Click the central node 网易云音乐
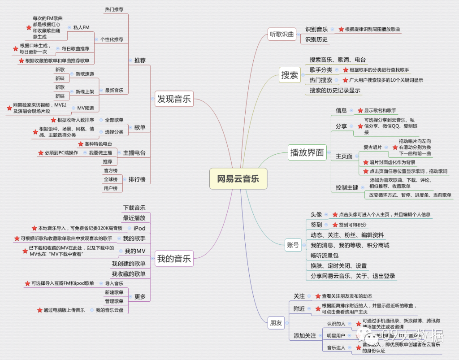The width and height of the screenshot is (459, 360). pyautogui.click(x=238, y=179)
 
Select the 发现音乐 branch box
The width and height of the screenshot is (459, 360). pyautogui.click(x=173, y=99)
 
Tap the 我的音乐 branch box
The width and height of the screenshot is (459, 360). pyautogui.click(x=173, y=258)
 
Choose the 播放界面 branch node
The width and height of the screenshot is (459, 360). pyautogui.click(x=307, y=152)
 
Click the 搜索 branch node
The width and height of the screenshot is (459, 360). pyautogui.click(x=290, y=75)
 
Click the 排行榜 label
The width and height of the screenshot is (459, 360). pyautogui.click(x=137, y=179)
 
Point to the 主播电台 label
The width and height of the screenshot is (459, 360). pyautogui.click(x=134, y=152)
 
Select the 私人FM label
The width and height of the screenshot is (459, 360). pyautogui.click(x=81, y=27)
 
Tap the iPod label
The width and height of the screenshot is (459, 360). pyautogui.click(x=139, y=228)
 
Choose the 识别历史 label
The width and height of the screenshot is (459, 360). pyautogui.click(x=316, y=39)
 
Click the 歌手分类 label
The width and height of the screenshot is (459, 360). pyautogui.click(x=321, y=69)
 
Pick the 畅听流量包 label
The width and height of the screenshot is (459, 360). pyautogui.click(x=324, y=255)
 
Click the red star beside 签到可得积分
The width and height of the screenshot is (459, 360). pyautogui.click(x=335, y=225)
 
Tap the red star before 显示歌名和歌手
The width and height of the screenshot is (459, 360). pyautogui.click(x=360, y=110)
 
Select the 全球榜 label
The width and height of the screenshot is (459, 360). pyautogui.click(x=110, y=179)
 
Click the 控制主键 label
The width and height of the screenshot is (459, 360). pyautogui.click(x=347, y=187)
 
